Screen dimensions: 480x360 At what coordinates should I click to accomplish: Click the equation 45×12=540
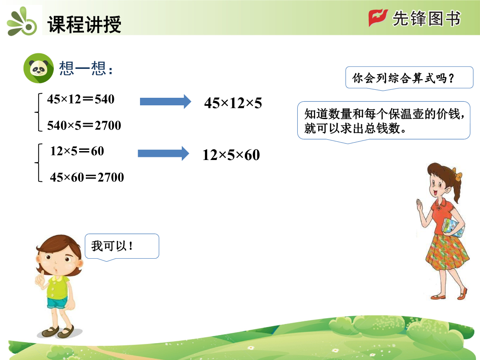pos(81,99)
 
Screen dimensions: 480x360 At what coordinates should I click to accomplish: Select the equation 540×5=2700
pos(84,125)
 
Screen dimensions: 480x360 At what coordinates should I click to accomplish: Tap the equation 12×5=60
pos(77,151)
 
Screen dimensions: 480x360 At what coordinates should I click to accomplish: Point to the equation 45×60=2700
pos(87,177)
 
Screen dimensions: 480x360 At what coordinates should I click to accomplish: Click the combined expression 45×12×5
pos(233,103)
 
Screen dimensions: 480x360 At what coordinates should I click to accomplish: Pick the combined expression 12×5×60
pos(231,155)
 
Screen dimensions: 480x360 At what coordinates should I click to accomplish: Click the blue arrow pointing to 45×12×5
pos(165,101)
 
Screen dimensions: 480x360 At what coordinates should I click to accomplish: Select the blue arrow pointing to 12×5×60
pos(164,153)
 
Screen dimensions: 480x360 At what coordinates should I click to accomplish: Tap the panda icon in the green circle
pos(39,68)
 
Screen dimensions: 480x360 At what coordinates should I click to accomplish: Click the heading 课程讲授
pos(84,24)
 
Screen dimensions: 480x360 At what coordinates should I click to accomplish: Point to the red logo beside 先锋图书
pos(378,18)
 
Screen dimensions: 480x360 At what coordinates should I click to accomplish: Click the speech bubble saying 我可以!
pos(122,246)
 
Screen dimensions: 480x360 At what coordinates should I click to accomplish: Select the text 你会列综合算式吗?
pos(403,78)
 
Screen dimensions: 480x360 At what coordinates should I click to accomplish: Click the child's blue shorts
pos(57,303)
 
